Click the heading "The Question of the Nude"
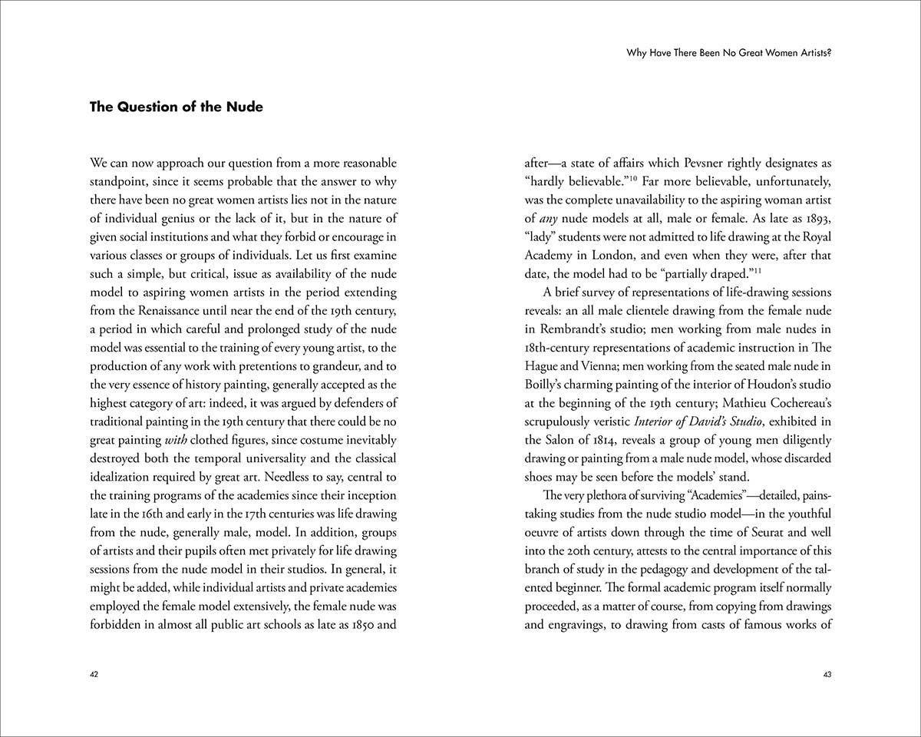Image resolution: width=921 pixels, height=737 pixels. coord(176,107)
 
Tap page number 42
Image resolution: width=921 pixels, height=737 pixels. coord(94,675)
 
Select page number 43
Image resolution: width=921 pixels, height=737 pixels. coord(827,675)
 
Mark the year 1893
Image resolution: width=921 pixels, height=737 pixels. coord(816,219)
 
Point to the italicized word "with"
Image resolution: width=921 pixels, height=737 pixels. coord(177,440)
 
